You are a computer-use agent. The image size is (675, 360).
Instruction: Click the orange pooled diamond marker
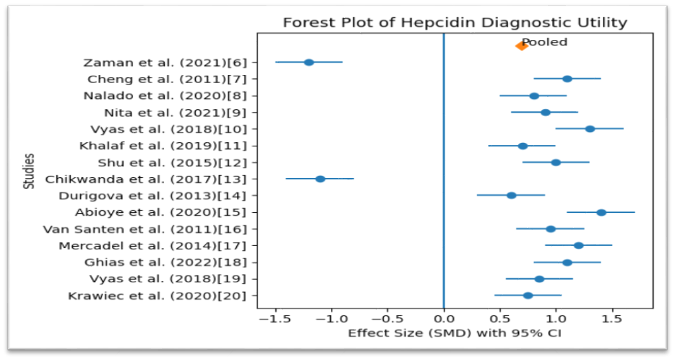tap(521, 45)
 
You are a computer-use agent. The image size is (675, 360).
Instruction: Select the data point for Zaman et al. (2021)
tap(308, 63)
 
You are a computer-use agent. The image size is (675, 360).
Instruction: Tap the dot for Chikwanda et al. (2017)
tap(320, 179)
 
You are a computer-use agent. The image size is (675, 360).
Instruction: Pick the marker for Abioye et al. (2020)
tap(602, 212)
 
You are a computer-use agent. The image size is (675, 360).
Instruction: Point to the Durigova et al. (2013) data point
tap(512, 196)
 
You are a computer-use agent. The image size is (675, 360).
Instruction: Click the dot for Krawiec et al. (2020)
tap(528, 295)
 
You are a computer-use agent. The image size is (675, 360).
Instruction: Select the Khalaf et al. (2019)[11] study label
tap(163, 146)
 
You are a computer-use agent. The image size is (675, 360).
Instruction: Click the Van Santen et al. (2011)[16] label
tap(145, 229)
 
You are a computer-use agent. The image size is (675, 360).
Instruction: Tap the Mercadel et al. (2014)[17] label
tap(153, 246)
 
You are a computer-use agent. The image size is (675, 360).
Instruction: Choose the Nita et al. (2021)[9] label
tap(176, 113)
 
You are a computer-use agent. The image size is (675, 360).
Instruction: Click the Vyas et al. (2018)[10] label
tap(169, 129)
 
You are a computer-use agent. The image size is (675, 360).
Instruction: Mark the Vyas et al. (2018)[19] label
tap(168, 279)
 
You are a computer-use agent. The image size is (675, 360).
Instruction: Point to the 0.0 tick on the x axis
tap(444, 319)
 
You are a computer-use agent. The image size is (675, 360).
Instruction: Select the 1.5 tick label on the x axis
tap(612, 319)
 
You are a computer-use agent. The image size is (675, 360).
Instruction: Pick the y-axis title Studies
tap(29, 171)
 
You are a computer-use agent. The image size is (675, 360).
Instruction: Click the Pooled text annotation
tap(545, 42)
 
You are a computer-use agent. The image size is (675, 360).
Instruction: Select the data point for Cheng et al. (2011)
tap(567, 79)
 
